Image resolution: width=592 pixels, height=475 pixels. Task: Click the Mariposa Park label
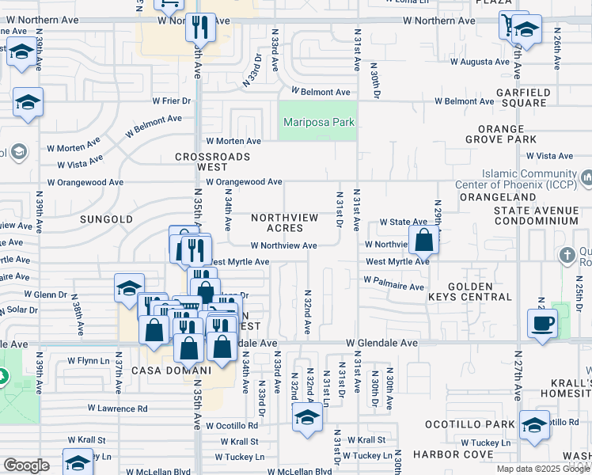click(x=319, y=123)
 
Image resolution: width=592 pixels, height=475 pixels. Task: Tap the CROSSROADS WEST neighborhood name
click(x=213, y=162)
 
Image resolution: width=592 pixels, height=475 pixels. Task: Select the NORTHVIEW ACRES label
click(x=284, y=222)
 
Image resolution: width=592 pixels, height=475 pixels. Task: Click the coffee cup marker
click(x=543, y=323)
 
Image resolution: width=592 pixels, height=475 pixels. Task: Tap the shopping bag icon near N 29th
click(x=423, y=239)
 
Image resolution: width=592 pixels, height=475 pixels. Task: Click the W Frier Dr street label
click(x=168, y=101)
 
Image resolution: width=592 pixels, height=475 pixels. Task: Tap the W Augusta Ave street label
click(x=480, y=61)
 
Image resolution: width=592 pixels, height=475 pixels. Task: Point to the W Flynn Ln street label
click(x=87, y=360)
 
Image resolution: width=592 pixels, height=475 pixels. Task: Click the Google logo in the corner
click(x=26, y=466)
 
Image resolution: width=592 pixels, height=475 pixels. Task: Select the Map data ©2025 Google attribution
click(x=542, y=469)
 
